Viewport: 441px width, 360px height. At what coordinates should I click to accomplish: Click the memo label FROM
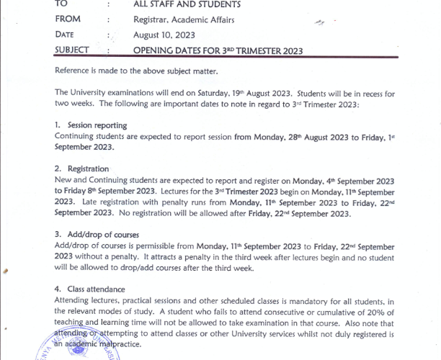point(68,19)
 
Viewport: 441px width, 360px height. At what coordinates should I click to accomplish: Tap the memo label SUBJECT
point(72,50)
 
